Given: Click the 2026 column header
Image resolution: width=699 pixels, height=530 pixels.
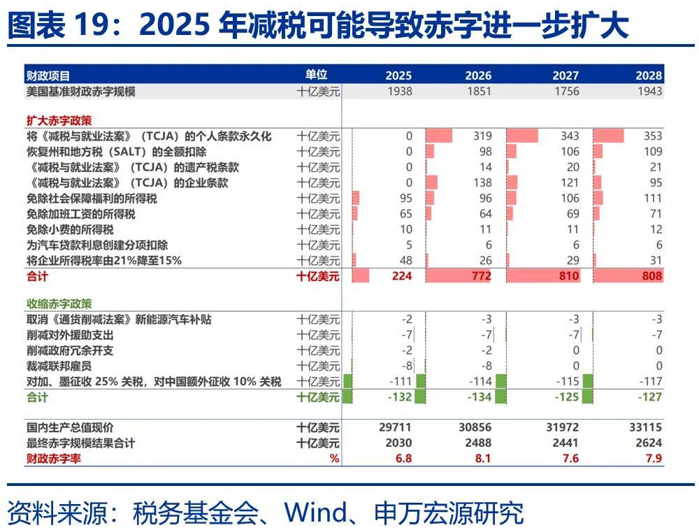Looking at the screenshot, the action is point(478,76).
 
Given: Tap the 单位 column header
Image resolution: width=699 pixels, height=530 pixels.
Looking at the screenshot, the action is point(316,74).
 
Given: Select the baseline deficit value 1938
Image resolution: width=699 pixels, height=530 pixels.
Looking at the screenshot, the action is point(400,92).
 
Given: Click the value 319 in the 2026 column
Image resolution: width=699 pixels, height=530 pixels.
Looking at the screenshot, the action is point(483,136).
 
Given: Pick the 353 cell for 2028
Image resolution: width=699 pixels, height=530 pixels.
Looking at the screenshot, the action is point(653,136).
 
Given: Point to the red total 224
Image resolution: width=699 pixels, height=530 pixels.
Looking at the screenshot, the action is point(402,276).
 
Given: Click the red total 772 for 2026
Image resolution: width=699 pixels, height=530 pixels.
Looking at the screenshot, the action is point(482,276).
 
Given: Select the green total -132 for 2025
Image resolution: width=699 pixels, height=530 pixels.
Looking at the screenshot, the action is point(400,396).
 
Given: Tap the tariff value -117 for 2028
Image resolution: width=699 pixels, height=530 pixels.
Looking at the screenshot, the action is point(650,382).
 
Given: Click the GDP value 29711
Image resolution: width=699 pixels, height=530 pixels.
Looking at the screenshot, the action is point(395,427).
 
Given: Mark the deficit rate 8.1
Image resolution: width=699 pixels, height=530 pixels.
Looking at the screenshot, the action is point(483,458).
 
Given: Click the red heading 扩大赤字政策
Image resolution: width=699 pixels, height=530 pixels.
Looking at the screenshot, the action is point(59,120).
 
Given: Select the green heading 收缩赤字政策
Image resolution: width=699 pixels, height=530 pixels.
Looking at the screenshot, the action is point(59,304).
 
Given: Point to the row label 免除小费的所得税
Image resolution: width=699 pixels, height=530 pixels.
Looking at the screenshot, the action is point(70,229).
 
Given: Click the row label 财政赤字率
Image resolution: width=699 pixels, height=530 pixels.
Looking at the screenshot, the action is point(54,458).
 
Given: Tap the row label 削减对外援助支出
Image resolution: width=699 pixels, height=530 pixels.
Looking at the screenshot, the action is point(70,335).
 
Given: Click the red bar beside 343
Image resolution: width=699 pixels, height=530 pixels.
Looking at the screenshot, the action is point(522,136).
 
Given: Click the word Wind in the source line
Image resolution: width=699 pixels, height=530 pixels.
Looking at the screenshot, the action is point(316,513).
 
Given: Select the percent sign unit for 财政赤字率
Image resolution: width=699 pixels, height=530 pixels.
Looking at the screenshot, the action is point(334,458).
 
